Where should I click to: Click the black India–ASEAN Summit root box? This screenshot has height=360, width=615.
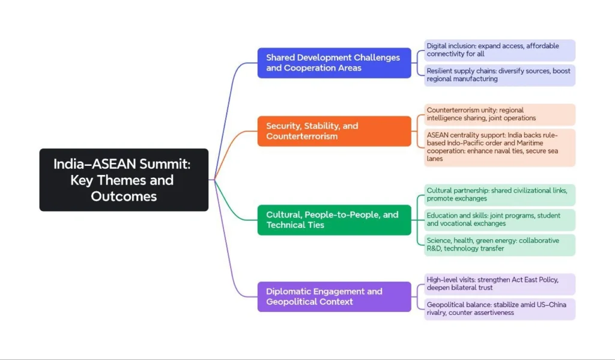pyautogui.click(x=124, y=180)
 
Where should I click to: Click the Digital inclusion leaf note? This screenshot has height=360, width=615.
pyautogui.click(x=499, y=50)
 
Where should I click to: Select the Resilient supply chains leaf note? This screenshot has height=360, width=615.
pyautogui.click(x=499, y=75)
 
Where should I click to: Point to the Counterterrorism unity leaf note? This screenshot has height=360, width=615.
pyautogui.click(x=499, y=114)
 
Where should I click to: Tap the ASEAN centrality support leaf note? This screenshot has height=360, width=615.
pyautogui.click(x=499, y=147)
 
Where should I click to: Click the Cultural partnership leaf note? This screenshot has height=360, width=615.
pyautogui.click(x=499, y=195)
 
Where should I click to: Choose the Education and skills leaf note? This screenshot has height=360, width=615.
pyautogui.click(x=499, y=219)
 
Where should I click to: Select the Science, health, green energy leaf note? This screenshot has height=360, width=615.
pyautogui.click(x=499, y=245)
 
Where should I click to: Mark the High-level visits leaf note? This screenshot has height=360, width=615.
pyautogui.click(x=499, y=284)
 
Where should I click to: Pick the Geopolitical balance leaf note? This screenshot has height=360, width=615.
pyautogui.click(x=499, y=309)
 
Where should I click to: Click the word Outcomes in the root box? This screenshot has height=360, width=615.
pyautogui.click(x=124, y=197)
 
